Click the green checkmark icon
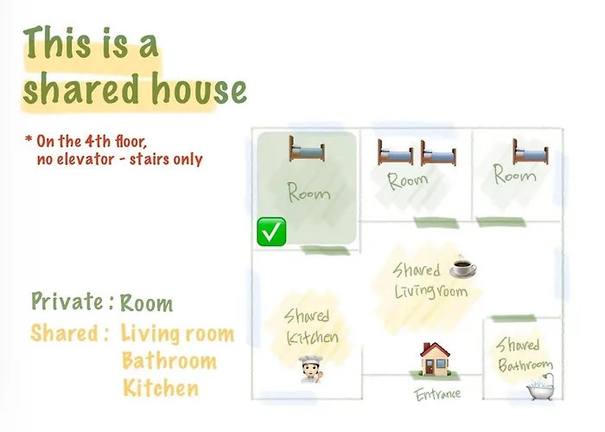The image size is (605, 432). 271,232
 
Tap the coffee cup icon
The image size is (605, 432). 462,266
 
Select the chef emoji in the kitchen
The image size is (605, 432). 310,370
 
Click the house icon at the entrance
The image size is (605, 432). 435,359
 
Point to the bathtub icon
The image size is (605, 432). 540,387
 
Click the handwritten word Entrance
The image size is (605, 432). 437,394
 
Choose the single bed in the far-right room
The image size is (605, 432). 531,151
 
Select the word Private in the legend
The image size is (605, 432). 67,302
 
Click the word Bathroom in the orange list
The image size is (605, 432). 169,361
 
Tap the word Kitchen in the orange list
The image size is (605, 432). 161,388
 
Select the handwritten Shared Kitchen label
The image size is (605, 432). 312,327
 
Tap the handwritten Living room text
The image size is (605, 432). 431,290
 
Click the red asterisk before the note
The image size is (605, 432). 29,138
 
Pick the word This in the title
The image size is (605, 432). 57,43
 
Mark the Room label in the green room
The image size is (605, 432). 309,192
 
